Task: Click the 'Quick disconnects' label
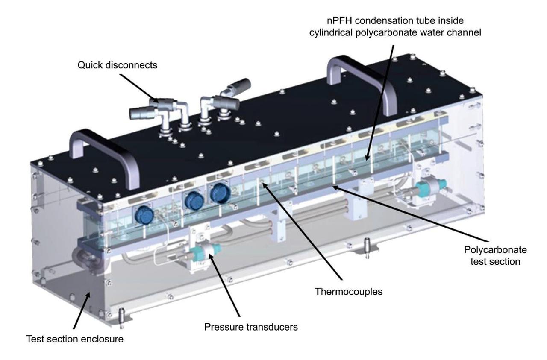pos(117,65)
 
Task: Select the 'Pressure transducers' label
pos(250,327)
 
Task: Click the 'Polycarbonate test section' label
pos(496,255)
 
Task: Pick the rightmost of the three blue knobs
pos(220,193)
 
